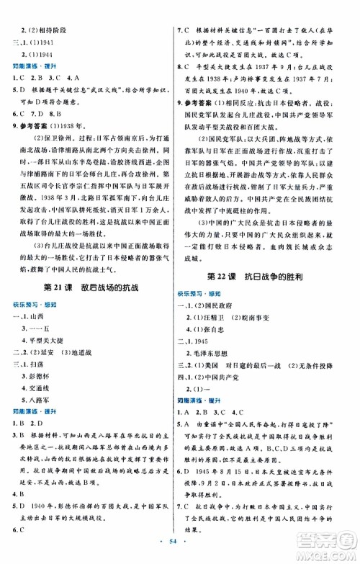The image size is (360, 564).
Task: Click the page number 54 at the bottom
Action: [x=179, y=548]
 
